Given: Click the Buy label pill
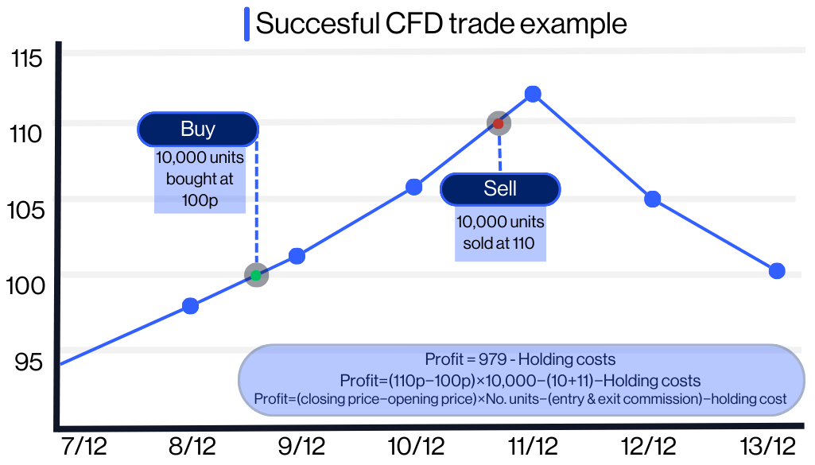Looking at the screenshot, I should pyautogui.click(x=198, y=129).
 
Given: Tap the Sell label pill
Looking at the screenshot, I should pyautogui.click(x=500, y=188).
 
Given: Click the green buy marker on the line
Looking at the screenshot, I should pyautogui.click(x=256, y=275).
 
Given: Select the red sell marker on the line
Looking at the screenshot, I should pyautogui.click(x=499, y=123).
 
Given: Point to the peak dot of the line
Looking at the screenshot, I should pyautogui.click(x=533, y=94).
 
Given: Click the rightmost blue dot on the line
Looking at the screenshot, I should pyautogui.click(x=777, y=271).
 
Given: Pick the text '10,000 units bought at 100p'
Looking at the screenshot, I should pyautogui.click(x=200, y=179).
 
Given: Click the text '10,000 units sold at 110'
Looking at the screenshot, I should pyautogui.click(x=500, y=233).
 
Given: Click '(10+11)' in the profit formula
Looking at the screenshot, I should pyautogui.click(x=569, y=380).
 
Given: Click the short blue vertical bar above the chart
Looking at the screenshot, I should pyautogui.click(x=247, y=23).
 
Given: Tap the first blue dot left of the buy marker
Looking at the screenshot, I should pyautogui.click(x=190, y=305).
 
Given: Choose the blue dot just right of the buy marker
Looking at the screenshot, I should pyautogui.click(x=297, y=256).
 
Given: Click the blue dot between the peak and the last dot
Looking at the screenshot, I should pyautogui.click(x=653, y=199).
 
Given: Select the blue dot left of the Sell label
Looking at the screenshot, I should pyautogui.click(x=414, y=187).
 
